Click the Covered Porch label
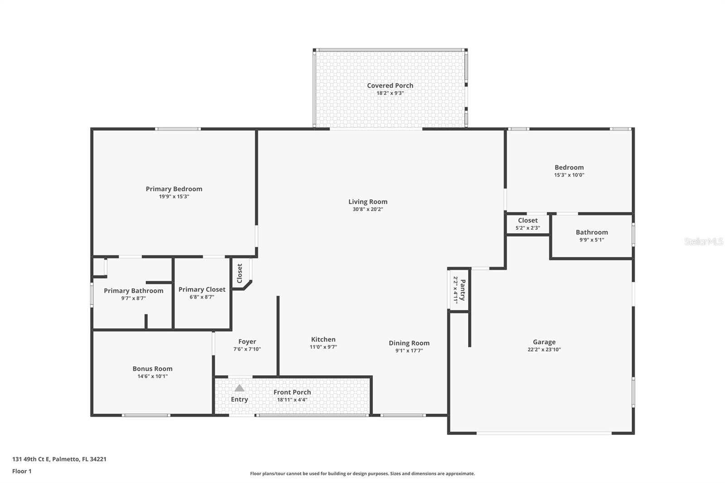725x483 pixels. [x=390, y=86]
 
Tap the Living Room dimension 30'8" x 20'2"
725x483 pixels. [x=367, y=209]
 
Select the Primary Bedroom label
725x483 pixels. [x=174, y=189]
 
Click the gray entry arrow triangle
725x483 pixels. [x=239, y=388]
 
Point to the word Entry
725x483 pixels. [x=239, y=399]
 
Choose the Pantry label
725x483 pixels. [x=462, y=290]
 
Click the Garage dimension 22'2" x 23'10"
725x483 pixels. [x=544, y=349]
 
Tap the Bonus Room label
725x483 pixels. [x=152, y=369]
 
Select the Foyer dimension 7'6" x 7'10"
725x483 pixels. [x=247, y=349]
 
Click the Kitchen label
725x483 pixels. [x=323, y=339]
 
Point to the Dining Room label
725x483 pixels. [x=409, y=343]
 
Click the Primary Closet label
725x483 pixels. [x=202, y=290]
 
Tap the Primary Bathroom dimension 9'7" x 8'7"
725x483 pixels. [x=133, y=298]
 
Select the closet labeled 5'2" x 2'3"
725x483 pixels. [x=527, y=224]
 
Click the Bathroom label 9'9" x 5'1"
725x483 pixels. [x=591, y=232]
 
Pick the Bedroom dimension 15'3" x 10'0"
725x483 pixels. [x=569, y=175]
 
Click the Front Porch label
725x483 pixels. [x=292, y=392]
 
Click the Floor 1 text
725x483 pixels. [x=22, y=471]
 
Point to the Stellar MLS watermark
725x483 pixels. [x=703, y=241]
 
